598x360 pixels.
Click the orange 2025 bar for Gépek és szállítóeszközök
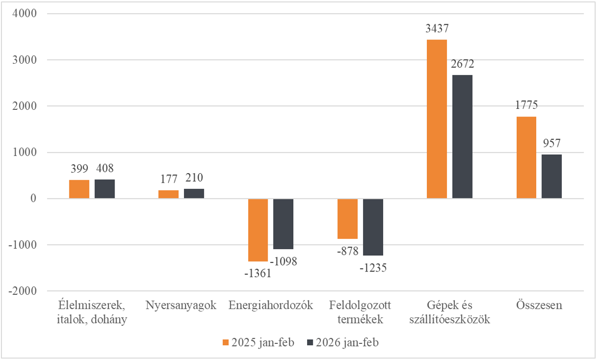tap(436, 119)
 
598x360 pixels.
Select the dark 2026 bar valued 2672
tap(462, 136)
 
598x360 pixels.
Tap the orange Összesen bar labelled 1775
tap(526, 157)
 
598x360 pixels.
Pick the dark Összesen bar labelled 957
tap(551, 176)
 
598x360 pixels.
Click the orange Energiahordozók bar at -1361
tap(258, 230)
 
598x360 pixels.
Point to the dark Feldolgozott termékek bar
tap(373, 227)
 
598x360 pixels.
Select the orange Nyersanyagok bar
tap(168, 195)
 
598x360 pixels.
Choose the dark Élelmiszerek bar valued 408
tap(105, 189)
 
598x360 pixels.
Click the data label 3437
tap(436, 29)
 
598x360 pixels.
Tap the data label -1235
tap(373, 268)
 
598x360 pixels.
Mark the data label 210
tap(194, 178)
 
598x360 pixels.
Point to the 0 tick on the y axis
tap(33, 199)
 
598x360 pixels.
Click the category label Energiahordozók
tap(270, 305)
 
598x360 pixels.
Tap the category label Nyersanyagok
tap(181, 305)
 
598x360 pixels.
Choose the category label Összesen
tap(539, 305)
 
